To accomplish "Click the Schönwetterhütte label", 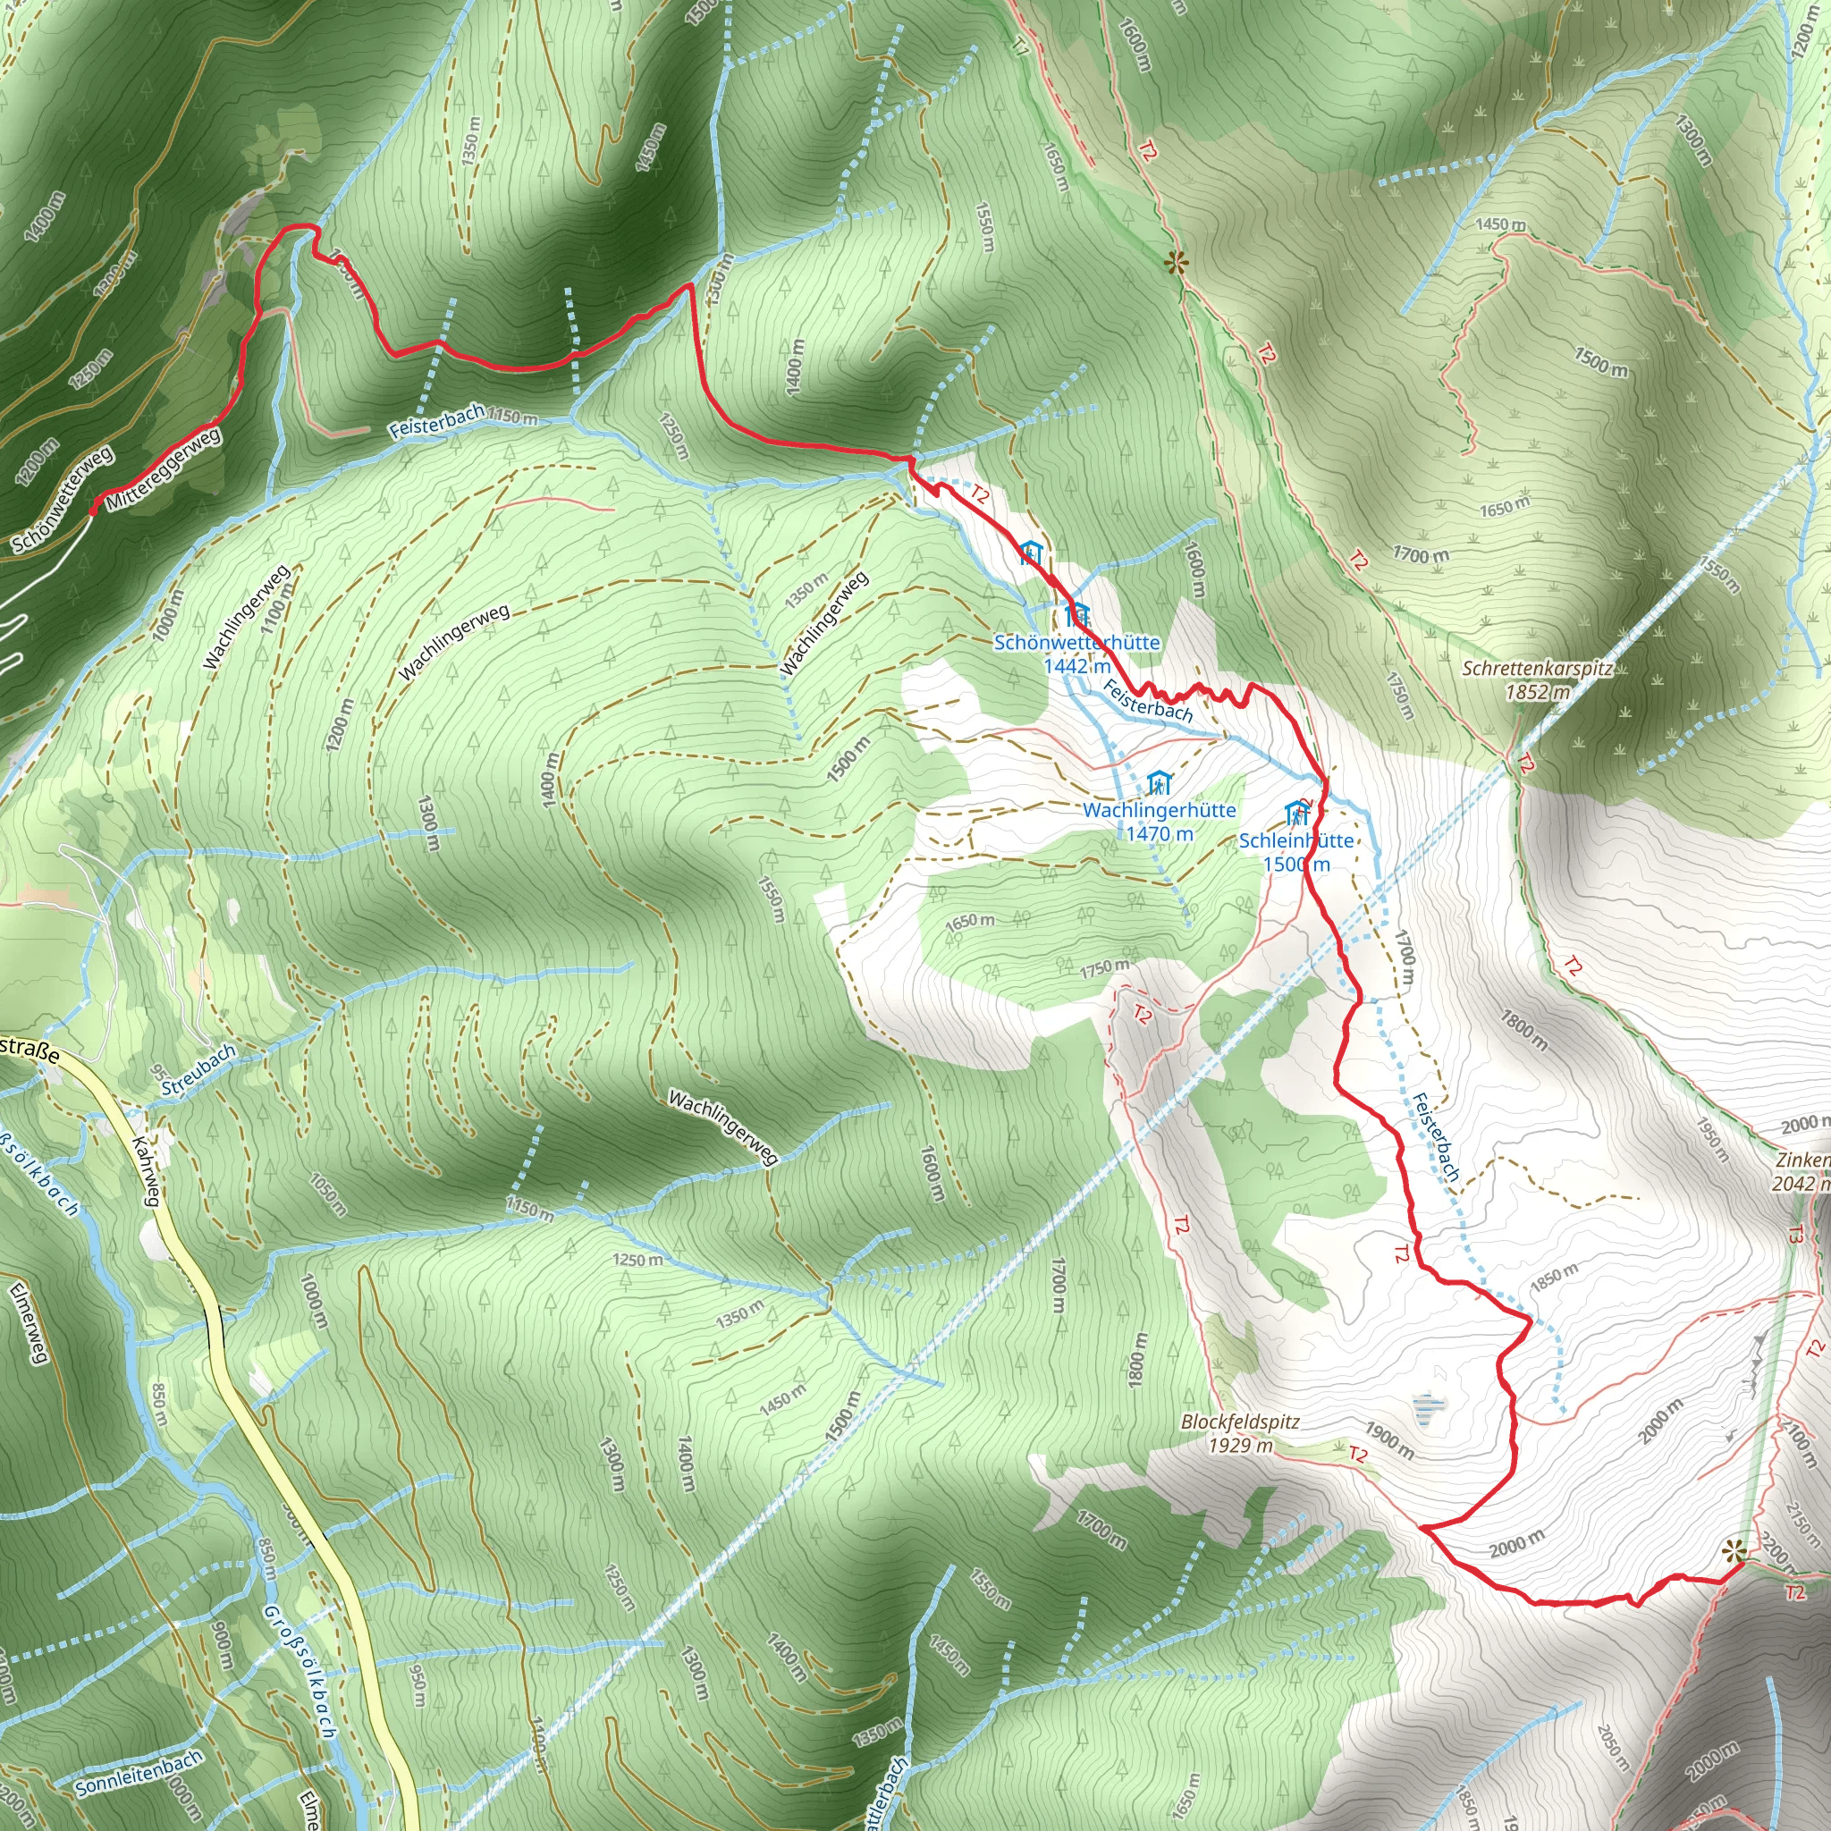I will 1076,643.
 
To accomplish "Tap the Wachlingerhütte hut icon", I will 1159,784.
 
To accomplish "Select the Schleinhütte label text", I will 1296,840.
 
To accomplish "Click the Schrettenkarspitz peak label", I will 1537,668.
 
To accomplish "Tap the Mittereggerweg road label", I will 163,469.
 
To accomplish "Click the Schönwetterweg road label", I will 63,500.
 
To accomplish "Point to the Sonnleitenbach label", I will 139,1772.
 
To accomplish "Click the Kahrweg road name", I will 145,1170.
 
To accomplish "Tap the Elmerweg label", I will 27,1323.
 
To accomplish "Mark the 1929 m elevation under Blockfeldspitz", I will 1240,1446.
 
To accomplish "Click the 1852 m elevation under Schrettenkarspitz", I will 1537,692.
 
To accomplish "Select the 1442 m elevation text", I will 1076,666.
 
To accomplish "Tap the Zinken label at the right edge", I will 1802,1160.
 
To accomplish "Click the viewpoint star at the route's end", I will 1733,1550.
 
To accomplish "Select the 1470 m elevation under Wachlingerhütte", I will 1159,834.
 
